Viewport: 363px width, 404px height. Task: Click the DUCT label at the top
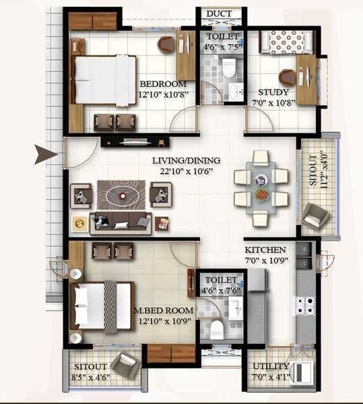[x=220, y=14]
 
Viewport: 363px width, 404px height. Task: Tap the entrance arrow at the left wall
[x=46, y=154]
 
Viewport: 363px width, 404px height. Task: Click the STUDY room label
[x=274, y=92]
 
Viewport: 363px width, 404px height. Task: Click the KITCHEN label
[x=265, y=249]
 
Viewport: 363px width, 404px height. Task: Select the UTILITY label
[x=271, y=366]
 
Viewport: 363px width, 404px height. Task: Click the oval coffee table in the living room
[x=122, y=195]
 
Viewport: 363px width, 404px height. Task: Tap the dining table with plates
[x=261, y=188]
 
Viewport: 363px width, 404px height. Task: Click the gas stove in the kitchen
[x=304, y=306]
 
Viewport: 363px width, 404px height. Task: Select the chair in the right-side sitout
[x=315, y=215]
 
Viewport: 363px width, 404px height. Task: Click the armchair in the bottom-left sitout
[x=125, y=365]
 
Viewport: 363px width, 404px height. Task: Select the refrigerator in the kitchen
[x=257, y=289]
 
